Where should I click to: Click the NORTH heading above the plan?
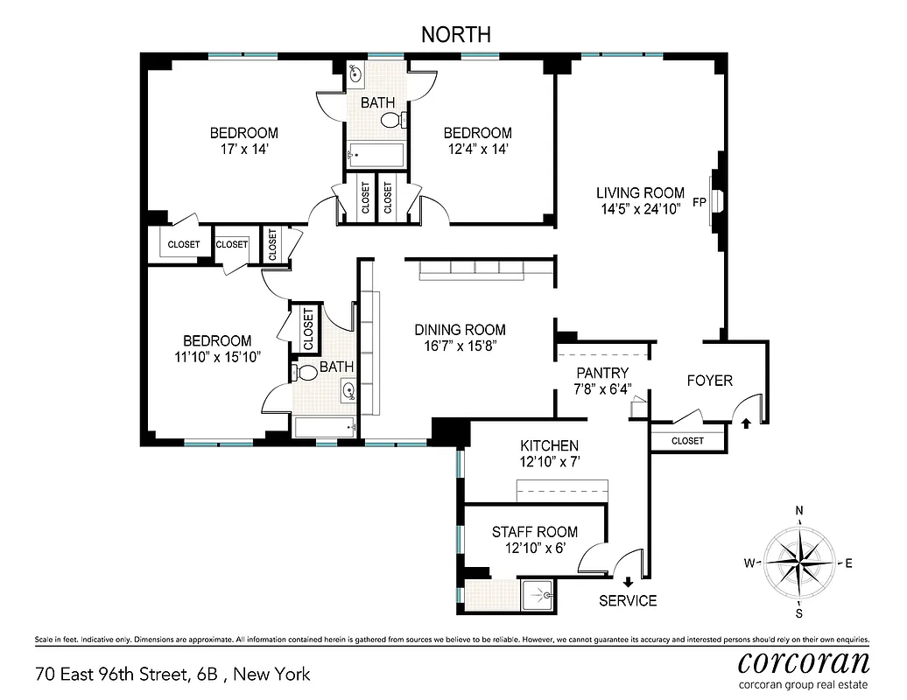456,34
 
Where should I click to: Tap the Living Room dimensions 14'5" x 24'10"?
640,209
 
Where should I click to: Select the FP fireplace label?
700,201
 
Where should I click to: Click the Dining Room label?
460,330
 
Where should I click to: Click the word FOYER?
709,381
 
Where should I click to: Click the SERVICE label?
628,600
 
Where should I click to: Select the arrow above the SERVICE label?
628,582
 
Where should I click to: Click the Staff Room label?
534,532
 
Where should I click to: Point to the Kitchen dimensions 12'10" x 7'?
549,461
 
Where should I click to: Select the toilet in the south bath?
306,372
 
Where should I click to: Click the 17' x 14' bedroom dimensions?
244,149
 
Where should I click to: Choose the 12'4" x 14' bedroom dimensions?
477,149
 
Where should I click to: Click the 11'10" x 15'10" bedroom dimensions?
216,356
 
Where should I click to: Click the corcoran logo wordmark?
804,661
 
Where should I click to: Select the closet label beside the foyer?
687,441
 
